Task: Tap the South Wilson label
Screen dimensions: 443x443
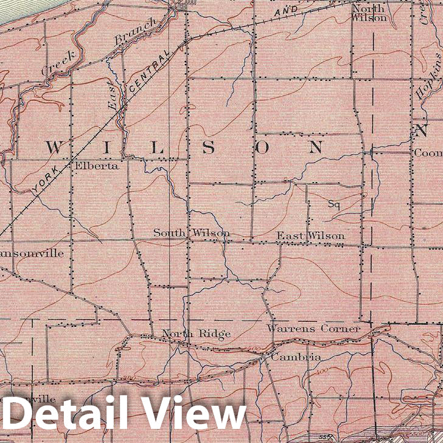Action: tap(191, 233)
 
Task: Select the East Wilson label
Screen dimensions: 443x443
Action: tap(310, 235)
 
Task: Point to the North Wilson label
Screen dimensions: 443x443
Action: tap(369, 13)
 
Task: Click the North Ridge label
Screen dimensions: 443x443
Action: tap(196, 333)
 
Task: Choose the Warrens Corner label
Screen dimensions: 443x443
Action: tap(313, 329)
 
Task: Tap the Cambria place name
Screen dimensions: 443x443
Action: tap(296, 357)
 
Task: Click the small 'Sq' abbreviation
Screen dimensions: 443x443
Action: tap(333, 204)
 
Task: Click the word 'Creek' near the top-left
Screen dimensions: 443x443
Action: tap(58, 63)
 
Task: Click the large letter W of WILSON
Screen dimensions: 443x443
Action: tap(55, 148)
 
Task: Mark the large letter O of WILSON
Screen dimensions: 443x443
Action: tap(263, 147)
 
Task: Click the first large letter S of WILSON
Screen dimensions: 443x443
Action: tap(208, 148)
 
